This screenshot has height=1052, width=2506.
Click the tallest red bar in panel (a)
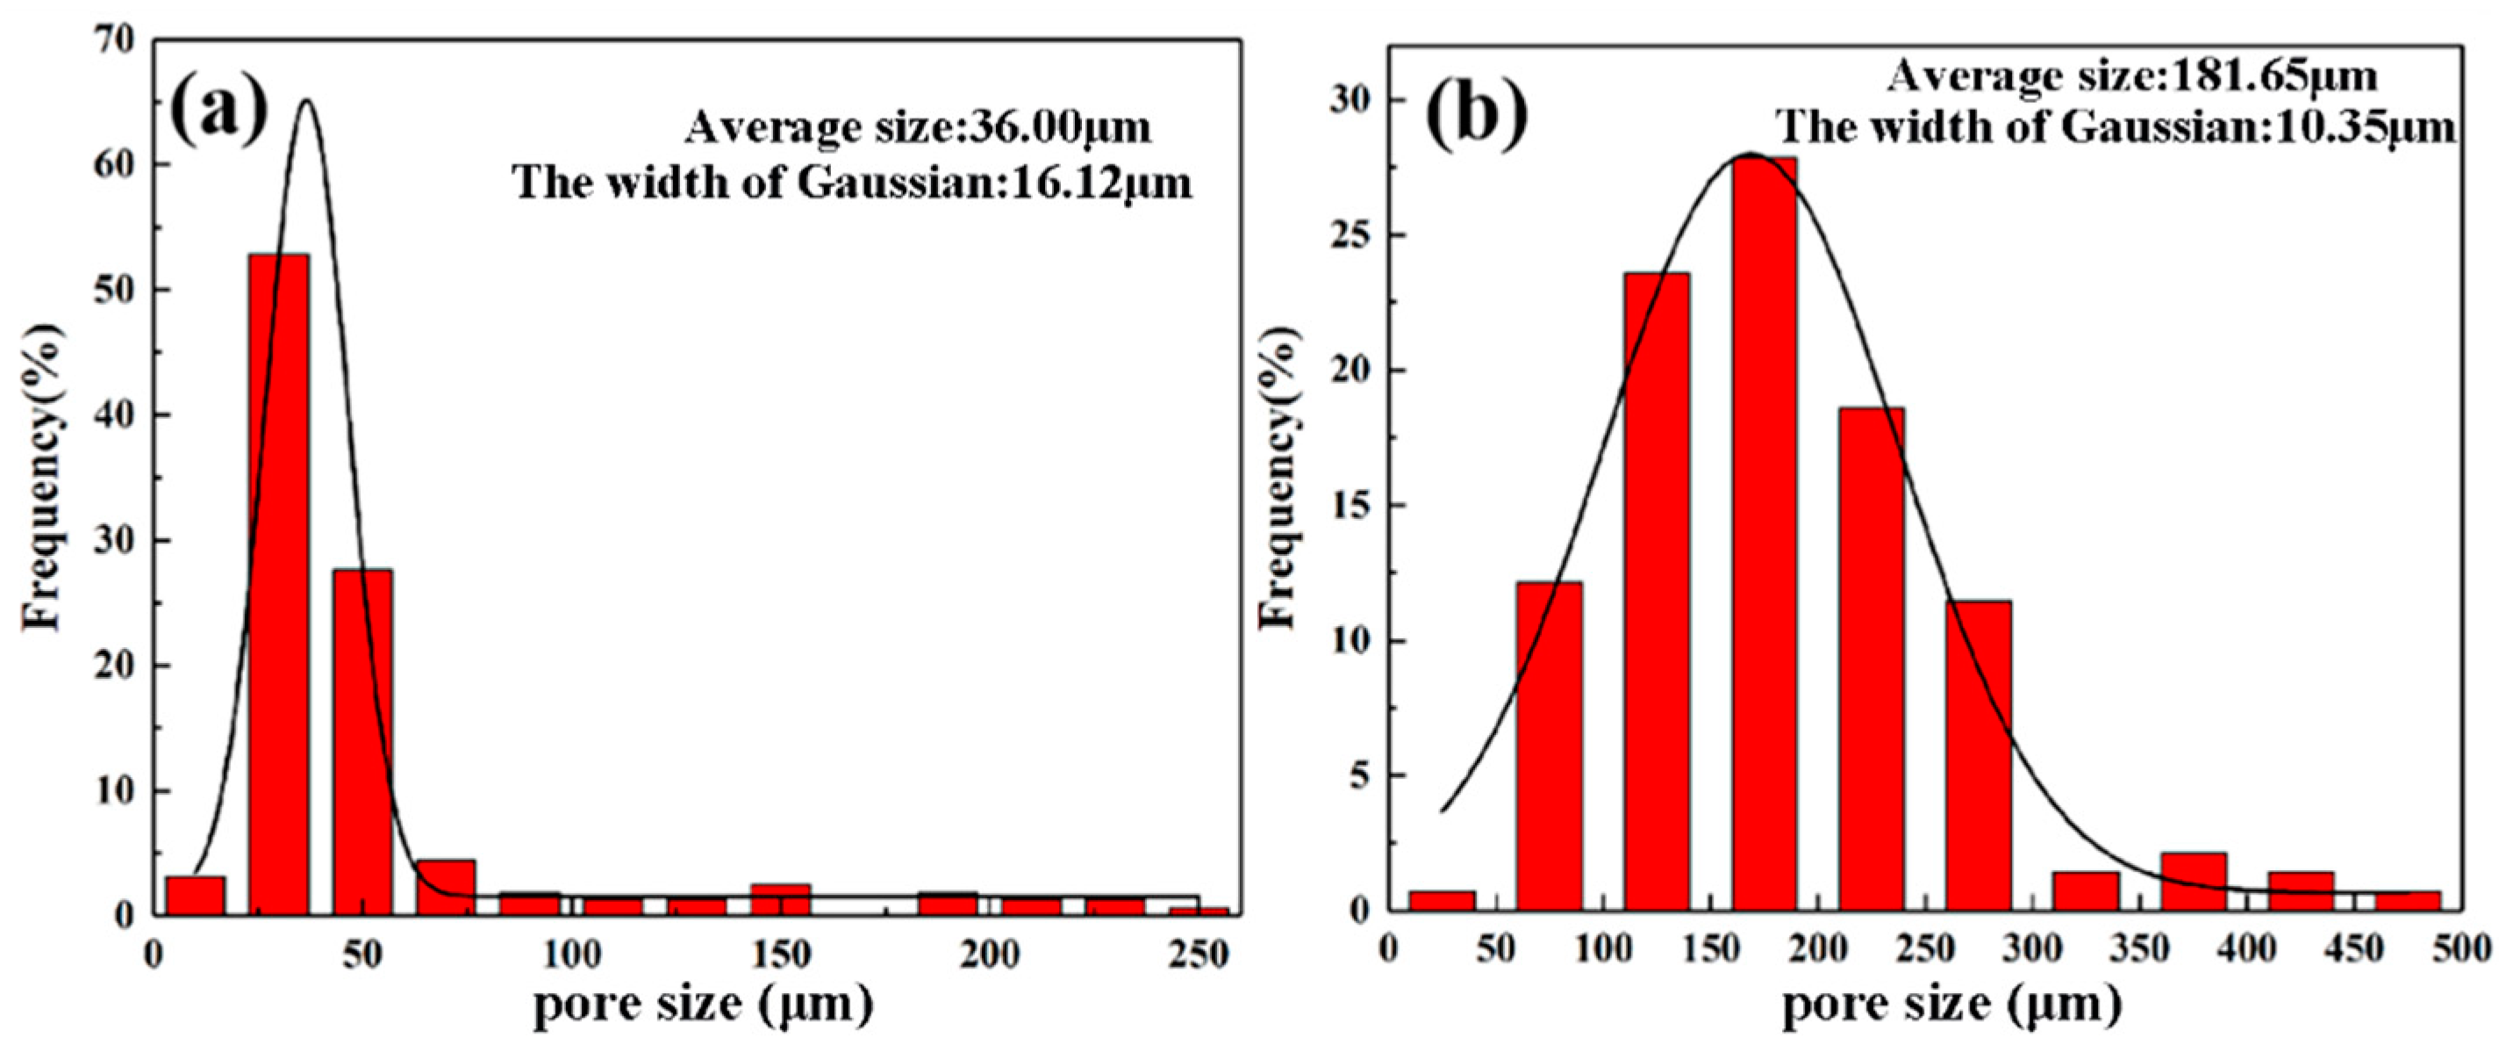(x=278, y=584)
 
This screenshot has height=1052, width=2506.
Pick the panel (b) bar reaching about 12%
(x=1549, y=746)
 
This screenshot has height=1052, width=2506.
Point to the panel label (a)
(x=218, y=112)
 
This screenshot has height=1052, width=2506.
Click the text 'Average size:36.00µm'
(x=918, y=127)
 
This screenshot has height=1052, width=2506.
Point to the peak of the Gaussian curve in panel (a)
(x=306, y=100)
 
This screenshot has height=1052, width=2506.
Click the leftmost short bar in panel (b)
(x=1442, y=900)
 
